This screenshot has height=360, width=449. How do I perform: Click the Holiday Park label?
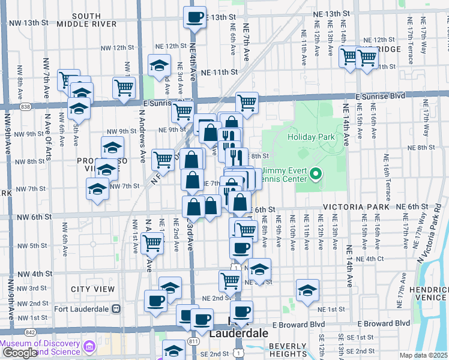(x=311, y=137)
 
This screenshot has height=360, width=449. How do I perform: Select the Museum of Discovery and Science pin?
(x=90, y=346)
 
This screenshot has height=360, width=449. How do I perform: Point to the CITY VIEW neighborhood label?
(x=92, y=289)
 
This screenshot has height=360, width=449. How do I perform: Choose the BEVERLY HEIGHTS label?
(x=288, y=350)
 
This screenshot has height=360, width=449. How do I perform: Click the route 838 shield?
(x=25, y=106)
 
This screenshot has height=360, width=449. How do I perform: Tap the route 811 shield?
(x=194, y=341)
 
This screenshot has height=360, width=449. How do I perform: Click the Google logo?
(x=20, y=353)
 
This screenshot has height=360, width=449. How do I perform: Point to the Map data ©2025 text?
(x=424, y=355)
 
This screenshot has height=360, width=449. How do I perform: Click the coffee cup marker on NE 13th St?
(x=194, y=17)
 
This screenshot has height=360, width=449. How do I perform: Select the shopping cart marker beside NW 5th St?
(x=152, y=244)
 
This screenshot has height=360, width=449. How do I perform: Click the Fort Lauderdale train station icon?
(x=116, y=309)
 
